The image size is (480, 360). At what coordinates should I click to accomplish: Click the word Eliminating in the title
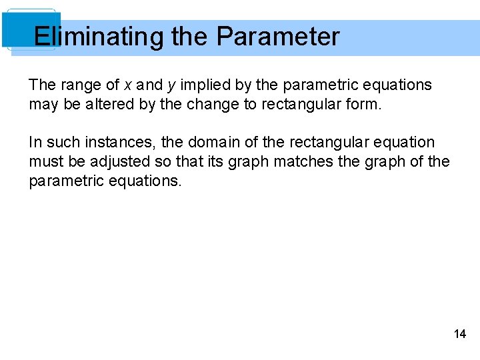pyautogui.click(x=99, y=37)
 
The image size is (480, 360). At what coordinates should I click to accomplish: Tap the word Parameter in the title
pyautogui.click(x=278, y=37)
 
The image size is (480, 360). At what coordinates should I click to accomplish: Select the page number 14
pyautogui.click(x=460, y=334)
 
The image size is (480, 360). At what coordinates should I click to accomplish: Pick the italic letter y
pyautogui.click(x=171, y=86)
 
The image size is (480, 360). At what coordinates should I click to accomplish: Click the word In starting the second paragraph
pyautogui.click(x=35, y=143)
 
